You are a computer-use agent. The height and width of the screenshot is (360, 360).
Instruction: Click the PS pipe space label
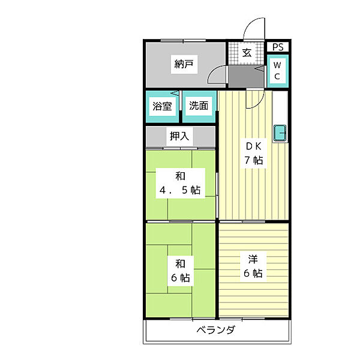pos(278,47)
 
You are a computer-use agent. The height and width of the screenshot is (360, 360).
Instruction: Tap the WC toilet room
pos(278,71)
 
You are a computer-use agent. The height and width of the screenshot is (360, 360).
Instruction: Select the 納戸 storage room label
pos(184,64)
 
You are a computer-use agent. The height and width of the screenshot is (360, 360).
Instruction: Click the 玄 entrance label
pos(247,53)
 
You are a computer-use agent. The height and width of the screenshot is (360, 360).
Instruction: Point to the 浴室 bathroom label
pos(163,106)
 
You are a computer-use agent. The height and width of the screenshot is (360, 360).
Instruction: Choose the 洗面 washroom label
pos(199,106)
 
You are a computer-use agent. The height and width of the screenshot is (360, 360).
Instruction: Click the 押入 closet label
pos(179,136)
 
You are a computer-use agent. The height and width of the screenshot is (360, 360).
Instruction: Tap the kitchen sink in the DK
pos(280,133)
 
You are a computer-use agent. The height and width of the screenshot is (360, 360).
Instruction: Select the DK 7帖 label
pos(254,153)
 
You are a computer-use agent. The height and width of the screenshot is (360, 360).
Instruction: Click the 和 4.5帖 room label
pos(180,183)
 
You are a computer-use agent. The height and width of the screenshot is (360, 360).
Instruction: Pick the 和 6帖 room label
pos(181,271)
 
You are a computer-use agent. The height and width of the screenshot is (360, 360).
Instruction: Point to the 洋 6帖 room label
pos(253,266)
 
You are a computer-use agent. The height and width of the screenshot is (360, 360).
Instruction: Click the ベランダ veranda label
pos(216,330)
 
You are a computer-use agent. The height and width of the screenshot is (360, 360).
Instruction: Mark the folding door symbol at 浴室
pos(175,94)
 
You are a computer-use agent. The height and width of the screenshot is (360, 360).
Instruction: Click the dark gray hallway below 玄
pos(246,77)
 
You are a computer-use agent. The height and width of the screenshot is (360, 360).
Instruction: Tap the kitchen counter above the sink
pos(280,108)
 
